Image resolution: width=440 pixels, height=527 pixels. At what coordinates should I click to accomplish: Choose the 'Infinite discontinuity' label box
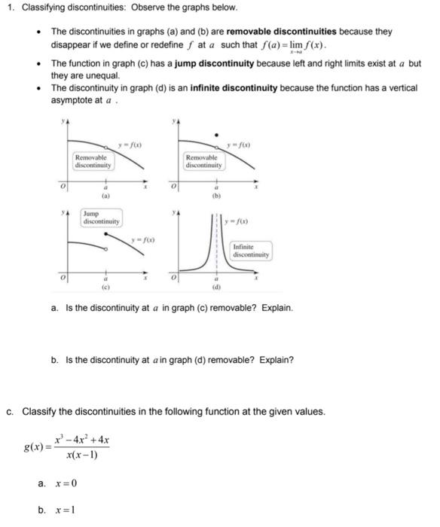[251, 251]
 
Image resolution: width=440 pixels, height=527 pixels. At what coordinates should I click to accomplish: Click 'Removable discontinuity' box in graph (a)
[93, 160]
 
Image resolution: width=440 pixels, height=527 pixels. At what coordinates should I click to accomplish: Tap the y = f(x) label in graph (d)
[241, 221]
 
